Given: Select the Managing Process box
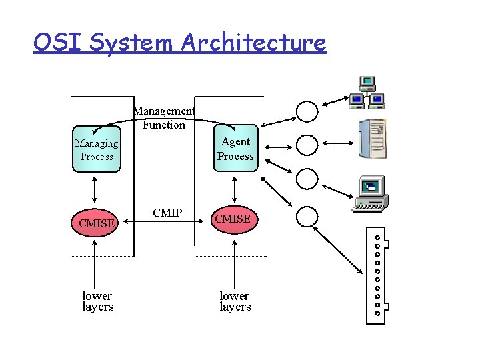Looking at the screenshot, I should (97, 149).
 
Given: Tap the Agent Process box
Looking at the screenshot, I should (235, 149).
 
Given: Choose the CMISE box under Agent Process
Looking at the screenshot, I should (233, 219).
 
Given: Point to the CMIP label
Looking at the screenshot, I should (167, 213).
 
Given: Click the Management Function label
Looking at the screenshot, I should (164, 118).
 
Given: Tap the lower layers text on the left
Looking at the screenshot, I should (97, 301).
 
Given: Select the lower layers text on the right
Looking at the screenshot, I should (235, 301).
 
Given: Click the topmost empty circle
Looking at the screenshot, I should (307, 111).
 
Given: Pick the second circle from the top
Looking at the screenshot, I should (307, 145).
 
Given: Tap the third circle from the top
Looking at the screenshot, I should (307, 179).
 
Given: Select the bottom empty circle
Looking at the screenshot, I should (307, 216).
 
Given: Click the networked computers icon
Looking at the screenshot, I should (367, 93).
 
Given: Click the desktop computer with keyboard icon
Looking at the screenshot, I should (371, 194).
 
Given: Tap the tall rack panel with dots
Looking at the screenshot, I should (377, 275).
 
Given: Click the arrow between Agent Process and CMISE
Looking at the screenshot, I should (235, 189).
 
